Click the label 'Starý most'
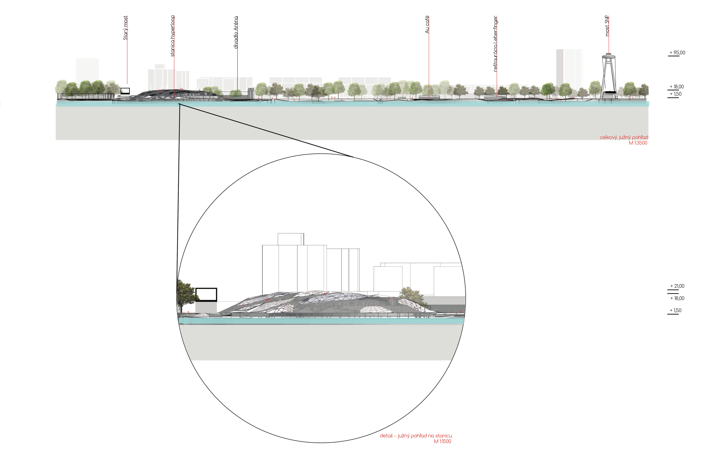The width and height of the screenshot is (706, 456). coord(125,28)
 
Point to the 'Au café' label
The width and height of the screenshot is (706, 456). coord(427,25)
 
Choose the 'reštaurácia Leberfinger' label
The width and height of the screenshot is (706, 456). coord(496,44)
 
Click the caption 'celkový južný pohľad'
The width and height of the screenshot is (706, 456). coord(624,137)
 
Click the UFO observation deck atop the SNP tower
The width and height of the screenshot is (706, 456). coord(609,55)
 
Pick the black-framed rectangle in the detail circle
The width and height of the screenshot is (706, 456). coord(206,295)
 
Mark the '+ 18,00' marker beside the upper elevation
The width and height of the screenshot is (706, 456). coord(676,87)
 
